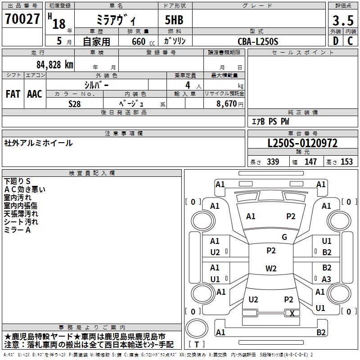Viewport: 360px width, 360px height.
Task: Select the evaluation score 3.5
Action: point(342,21)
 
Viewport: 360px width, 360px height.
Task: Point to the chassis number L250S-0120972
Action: point(302,144)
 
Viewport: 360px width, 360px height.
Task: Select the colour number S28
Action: point(75,103)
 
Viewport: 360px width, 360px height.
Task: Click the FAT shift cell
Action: point(13,94)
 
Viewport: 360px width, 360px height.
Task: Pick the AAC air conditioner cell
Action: point(35,94)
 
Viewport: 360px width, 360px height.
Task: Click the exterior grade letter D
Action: point(335,41)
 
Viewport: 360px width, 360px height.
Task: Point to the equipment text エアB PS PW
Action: point(270,121)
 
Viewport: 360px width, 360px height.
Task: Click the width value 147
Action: point(310,162)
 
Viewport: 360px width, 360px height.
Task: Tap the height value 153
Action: point(346,162)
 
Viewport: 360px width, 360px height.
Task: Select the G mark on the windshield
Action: point(284,237)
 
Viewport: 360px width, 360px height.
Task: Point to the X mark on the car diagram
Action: point(292,314)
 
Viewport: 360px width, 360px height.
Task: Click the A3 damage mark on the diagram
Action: point(326,279)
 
